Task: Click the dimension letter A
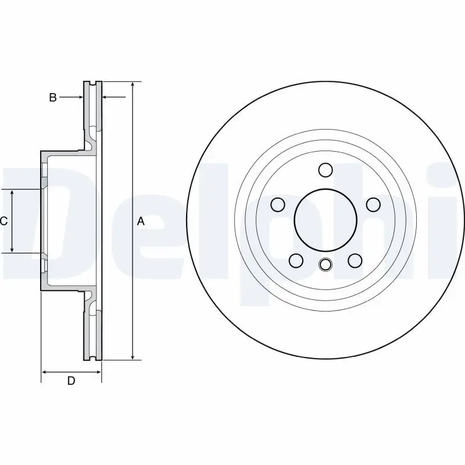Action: pyautogui.click(x=141, y=221)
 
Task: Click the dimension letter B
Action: pyautogui.click(x=53, y=97)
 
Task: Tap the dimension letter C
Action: pyautogui.click(x=3, y=221)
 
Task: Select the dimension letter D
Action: pyautogui.click(x=71, y=381)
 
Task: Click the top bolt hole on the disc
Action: pyautogui.click(x=325, y=170)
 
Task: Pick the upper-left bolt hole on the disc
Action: pyautogui.click(x=278, y=205)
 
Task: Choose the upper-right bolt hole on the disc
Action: pyautogui.click(x=373, y=205)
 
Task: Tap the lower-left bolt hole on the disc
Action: pyautogui.click(x=296, y=260)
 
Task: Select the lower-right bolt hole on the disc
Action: pyautogui.click(x=355, y=260)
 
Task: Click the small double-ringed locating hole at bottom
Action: pyautogui.click(x=325, y=264)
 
